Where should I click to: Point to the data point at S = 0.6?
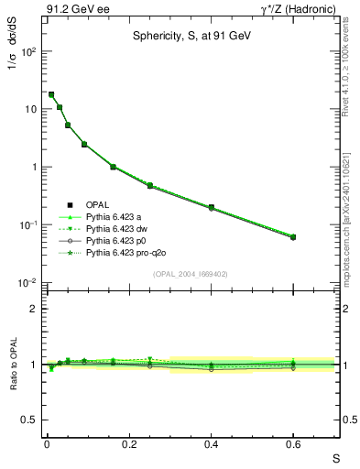coord(293,237)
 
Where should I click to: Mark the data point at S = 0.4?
coord(211,208)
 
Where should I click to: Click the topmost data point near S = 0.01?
coord(51,94)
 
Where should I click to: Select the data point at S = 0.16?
coord(113,167)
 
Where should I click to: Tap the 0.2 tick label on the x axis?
coord(128,443)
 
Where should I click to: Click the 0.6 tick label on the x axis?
coord(293,443)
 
